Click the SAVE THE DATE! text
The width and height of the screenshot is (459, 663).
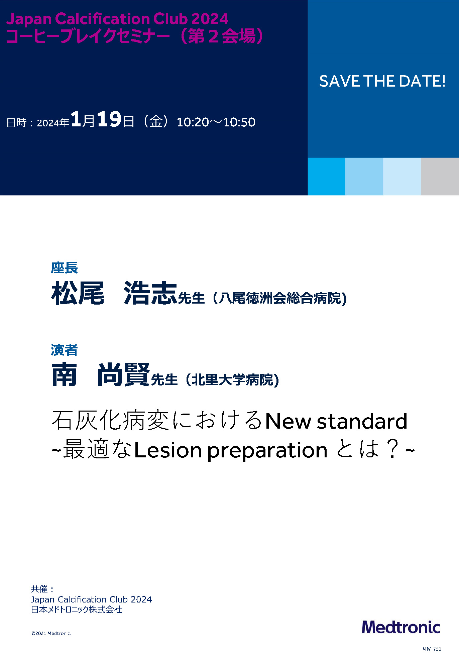[382, 81]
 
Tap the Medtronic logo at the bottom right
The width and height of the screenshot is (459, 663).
[401, 627]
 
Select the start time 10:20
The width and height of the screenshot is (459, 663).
[193, 122]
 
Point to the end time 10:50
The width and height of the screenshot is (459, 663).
[239, 122]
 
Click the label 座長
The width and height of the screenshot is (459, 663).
[64, 268]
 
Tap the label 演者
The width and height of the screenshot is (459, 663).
[64, 350]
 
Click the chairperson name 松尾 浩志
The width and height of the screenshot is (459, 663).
[114, 293]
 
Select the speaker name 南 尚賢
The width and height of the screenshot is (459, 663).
[100, 375]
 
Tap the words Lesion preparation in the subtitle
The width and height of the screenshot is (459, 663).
[231, 450]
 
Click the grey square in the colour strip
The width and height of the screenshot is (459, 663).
[440, 177]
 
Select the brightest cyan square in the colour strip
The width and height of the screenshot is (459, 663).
[327, 177]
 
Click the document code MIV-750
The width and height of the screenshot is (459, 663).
[432, 649]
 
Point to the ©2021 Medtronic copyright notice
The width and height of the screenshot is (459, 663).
[51, 633]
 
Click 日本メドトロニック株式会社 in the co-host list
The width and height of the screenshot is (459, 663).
[77, 610]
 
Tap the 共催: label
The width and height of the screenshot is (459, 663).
[42, 589]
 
